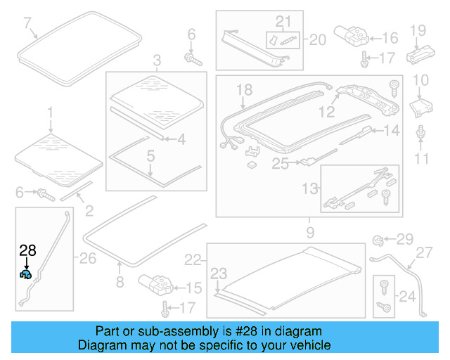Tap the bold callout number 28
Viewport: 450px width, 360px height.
pos(27,250)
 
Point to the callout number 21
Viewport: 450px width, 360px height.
pos(283,21)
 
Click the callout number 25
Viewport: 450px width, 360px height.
pos(281,164)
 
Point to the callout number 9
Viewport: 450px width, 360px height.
pos(310,231)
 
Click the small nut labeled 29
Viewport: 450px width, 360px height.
pos(378,240)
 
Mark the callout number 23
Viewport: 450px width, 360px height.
pos(219,274)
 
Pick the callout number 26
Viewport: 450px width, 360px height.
pos(87,259)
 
